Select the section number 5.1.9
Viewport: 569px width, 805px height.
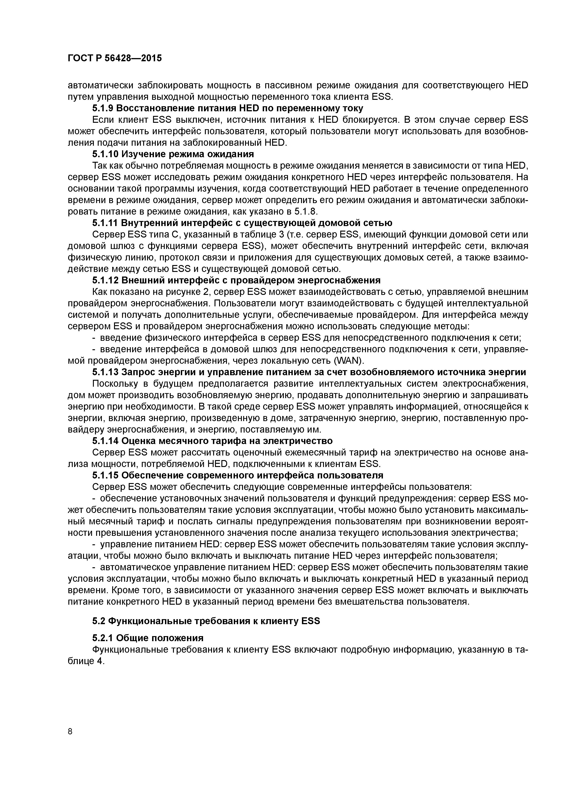[102, 108]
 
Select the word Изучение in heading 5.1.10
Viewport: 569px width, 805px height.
[143, 154]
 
